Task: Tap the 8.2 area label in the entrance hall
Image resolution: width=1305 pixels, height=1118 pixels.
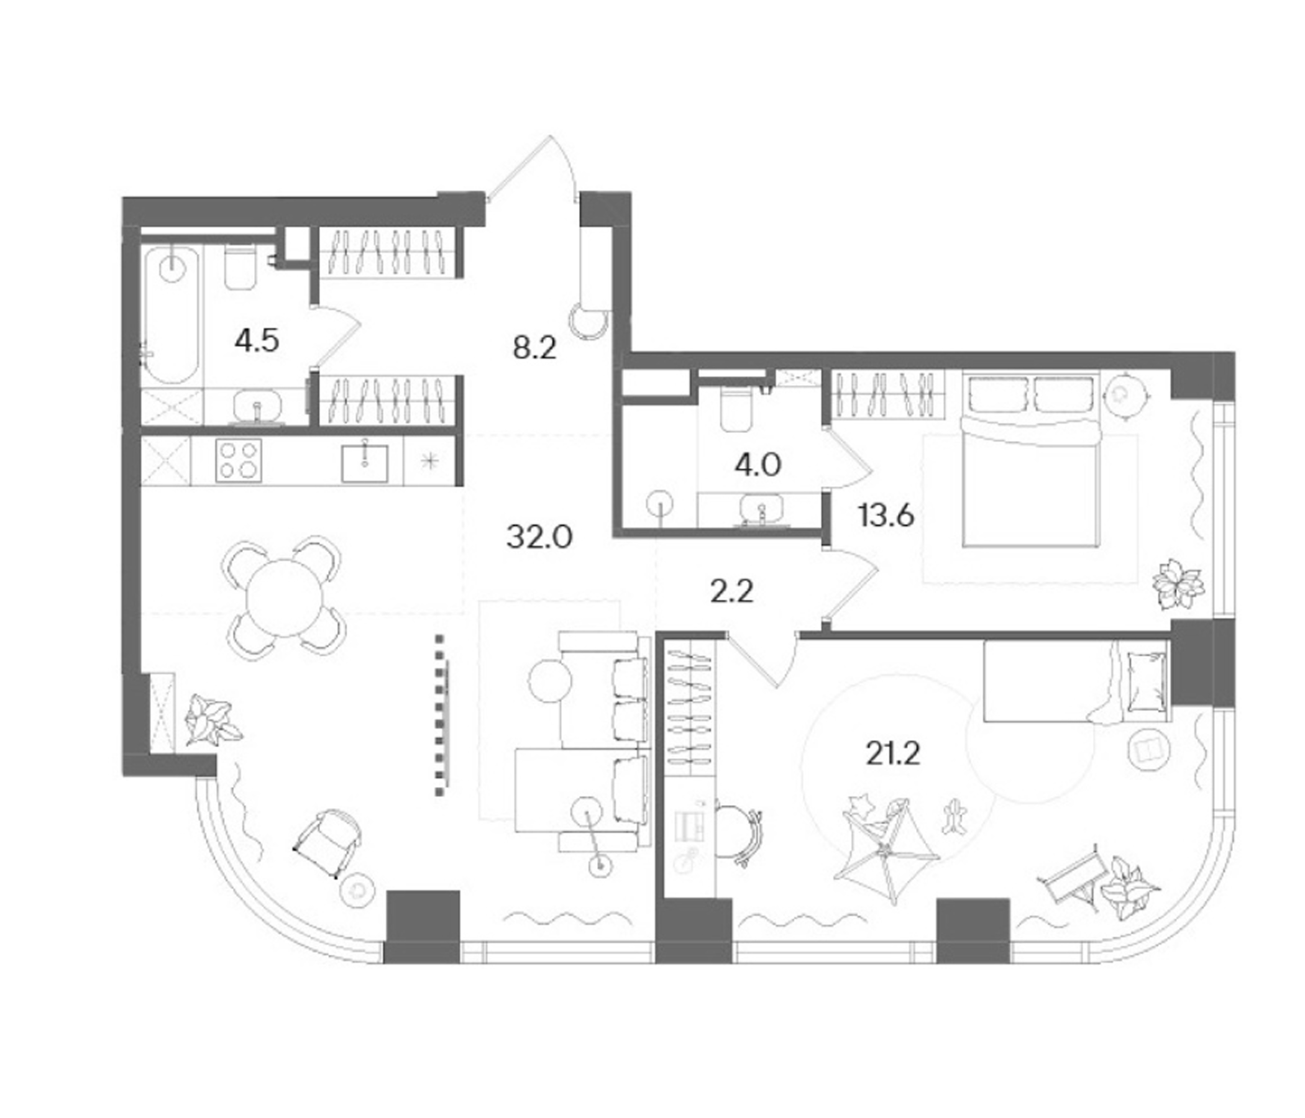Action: tap(534, 347)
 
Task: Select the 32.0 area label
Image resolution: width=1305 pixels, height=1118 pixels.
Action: tap(539, 538)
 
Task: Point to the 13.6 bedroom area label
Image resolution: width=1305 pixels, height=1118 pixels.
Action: tap(886, 516)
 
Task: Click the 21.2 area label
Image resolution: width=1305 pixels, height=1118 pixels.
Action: tap(893, 753)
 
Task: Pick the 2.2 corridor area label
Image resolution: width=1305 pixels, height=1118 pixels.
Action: tap(731, 592)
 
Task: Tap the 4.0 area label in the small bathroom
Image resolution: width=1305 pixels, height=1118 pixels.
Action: tap(758, 465)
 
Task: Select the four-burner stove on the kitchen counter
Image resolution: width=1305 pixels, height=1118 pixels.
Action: tap(239, 460)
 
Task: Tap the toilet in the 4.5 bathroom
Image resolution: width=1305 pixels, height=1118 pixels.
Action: tap(240, 268)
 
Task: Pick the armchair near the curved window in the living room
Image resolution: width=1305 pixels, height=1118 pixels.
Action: tap(327, 842)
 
